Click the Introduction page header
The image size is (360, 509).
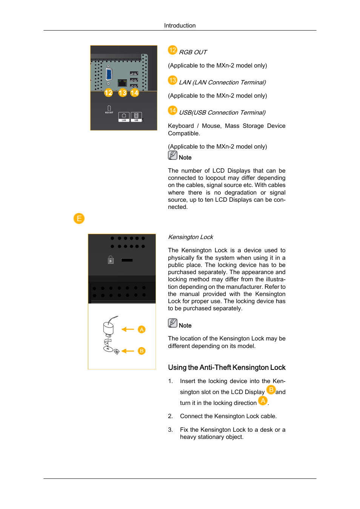pos(180,26)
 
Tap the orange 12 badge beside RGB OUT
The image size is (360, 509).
pos(172,50)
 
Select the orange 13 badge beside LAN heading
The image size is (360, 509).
pos(172,80)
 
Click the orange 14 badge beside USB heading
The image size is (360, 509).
pos(172,110)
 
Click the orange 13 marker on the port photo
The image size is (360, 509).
pos(122,93)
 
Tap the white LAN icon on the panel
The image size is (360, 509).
pos(124,117)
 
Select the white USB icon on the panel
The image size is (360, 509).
pos(136,117)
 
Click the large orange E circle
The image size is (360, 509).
pos(79,219)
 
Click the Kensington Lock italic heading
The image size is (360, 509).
pos(191,237)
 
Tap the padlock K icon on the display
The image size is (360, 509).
pos(111,260)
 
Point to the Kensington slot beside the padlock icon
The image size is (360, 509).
pos(127,260)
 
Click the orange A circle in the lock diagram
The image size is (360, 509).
pos(142,330)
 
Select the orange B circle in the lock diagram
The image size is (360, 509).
pos(142,351)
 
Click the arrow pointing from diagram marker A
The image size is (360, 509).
pos(128,330)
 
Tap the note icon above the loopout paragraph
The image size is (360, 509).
pos(172,155)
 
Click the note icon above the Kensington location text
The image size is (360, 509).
pos(172,323)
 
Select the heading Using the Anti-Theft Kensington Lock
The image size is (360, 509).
pos(226,368)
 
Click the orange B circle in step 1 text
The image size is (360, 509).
pos(271,390)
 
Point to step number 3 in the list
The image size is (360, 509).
pos(170,430)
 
